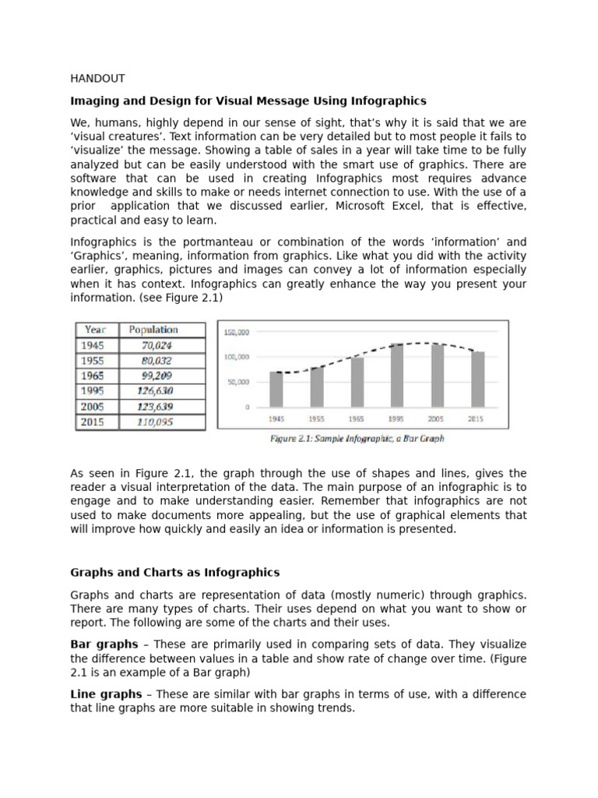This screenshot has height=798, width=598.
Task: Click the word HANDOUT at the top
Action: click(97, 79)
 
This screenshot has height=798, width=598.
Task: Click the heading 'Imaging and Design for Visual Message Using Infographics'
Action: click(248, 101)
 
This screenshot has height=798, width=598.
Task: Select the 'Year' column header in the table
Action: click(96, 330)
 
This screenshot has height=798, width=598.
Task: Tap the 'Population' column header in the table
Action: click(153, 330)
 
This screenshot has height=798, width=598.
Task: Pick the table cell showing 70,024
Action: click(157, 345)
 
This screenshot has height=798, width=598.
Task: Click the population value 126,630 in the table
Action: click(157, 391)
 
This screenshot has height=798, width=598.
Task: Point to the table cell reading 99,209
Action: click(157, 376)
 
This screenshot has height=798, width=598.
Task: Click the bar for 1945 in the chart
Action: click(276, 389)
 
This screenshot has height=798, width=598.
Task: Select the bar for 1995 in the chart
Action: click(396, 375)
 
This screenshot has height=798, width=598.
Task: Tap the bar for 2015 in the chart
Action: click(477, 379)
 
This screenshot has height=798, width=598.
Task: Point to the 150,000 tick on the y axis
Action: click(237, 332)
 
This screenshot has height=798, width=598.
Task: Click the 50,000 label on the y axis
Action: click(238, 382)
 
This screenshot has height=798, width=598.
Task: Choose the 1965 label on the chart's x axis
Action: click(357, 418)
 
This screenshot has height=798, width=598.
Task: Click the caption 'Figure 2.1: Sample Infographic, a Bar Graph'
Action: click(357, 439)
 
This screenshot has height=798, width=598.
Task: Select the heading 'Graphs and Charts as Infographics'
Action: click(175, 573)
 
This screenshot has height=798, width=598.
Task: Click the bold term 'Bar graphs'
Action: click(104, 644)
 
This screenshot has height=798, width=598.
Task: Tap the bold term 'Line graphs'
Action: click(106, 694)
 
